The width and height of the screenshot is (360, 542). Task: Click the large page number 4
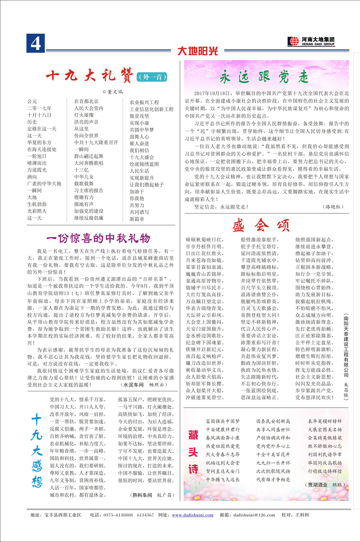pos(36,43)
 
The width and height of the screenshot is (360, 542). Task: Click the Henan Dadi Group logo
pos(311,41)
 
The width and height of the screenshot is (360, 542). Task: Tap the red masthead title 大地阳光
pos(198,51)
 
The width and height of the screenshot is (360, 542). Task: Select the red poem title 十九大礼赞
pos(90,75)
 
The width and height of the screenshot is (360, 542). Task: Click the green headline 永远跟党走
pos(264,77)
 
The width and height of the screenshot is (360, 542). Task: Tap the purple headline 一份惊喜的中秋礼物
pos(98,238)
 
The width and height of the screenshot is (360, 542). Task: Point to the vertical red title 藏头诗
pos(193,453)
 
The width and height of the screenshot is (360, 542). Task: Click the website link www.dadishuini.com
pos(192,515)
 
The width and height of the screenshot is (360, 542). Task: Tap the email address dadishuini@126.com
pos(254,515)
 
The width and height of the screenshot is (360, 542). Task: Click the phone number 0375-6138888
pos(118,515)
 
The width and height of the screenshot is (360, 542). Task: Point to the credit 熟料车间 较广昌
pos(151,495)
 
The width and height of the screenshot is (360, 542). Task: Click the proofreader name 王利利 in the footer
pos(302,515)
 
